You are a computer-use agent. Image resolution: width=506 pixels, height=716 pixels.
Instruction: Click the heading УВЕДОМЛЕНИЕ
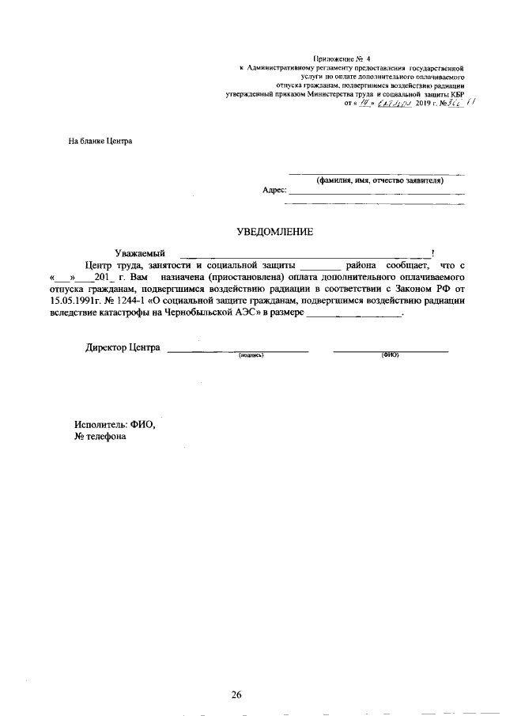(x=275, y=232)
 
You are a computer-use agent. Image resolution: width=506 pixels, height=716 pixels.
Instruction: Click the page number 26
(x=236, y=695)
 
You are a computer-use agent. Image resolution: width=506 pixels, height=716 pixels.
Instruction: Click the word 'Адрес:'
(x=274, y=191)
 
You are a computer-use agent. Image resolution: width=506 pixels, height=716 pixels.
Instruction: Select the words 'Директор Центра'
(x=123, y=348)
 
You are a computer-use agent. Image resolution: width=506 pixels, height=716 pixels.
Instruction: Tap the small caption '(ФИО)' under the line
(x=390, y=355)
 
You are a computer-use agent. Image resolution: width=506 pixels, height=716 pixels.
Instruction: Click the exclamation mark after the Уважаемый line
(x=432, y=252)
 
